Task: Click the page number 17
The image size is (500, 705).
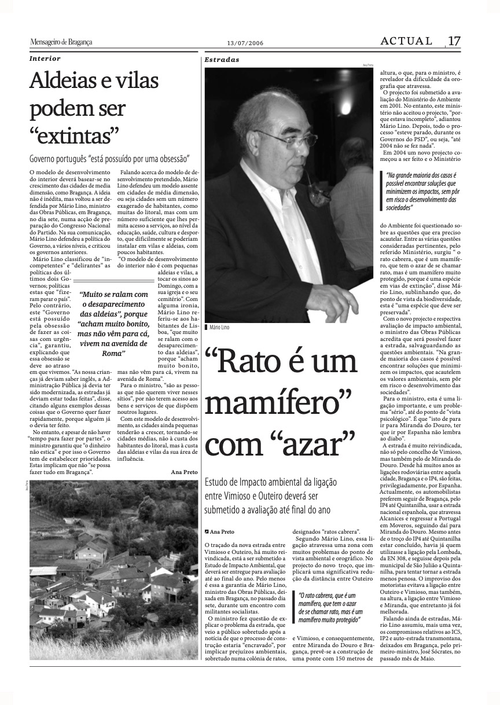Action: click(x=454, y=41)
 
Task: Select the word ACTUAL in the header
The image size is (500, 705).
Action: click(x=406, y=41)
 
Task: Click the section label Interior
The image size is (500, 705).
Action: click(x=45, y=58)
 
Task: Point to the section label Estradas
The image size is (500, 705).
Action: click(x=222, y=60)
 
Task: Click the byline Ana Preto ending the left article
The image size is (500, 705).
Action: click(x=184, y=472)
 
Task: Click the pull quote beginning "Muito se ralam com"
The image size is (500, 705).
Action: click(x=113, y=323)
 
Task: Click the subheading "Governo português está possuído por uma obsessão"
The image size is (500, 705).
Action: click(x=110, y=158)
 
